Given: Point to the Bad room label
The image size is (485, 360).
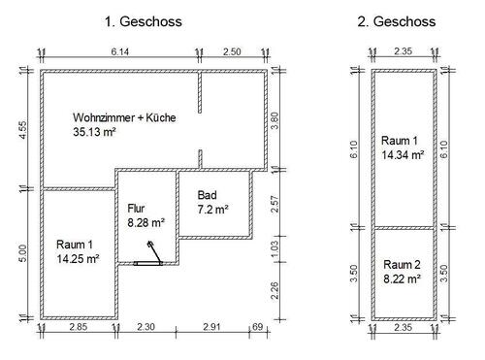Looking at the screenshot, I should tap(206, 194).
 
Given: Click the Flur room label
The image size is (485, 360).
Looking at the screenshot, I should tap(136, 208).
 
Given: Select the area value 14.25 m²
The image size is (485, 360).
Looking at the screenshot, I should tap(80, 259).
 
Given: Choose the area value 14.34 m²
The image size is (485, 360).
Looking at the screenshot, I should tap(403, 154).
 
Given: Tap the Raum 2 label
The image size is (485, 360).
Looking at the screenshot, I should tap(402, 264).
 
